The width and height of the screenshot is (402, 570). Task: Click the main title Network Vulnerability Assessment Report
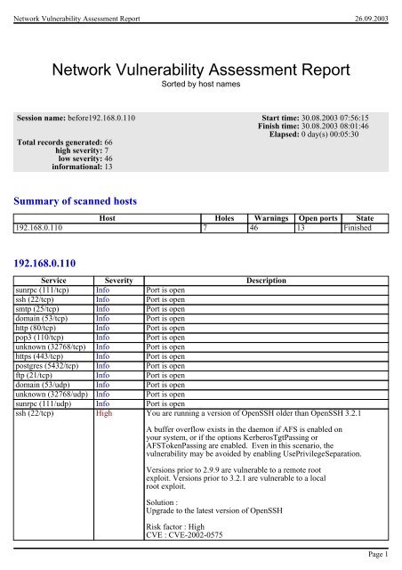[x=200, y=71]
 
